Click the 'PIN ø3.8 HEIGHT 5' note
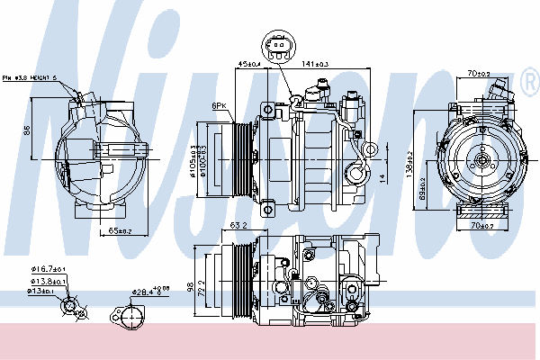click(29, 77)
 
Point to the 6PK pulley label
click(219, 105)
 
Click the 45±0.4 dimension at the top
click(248, 63)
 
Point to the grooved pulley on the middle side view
click(239, 159)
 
